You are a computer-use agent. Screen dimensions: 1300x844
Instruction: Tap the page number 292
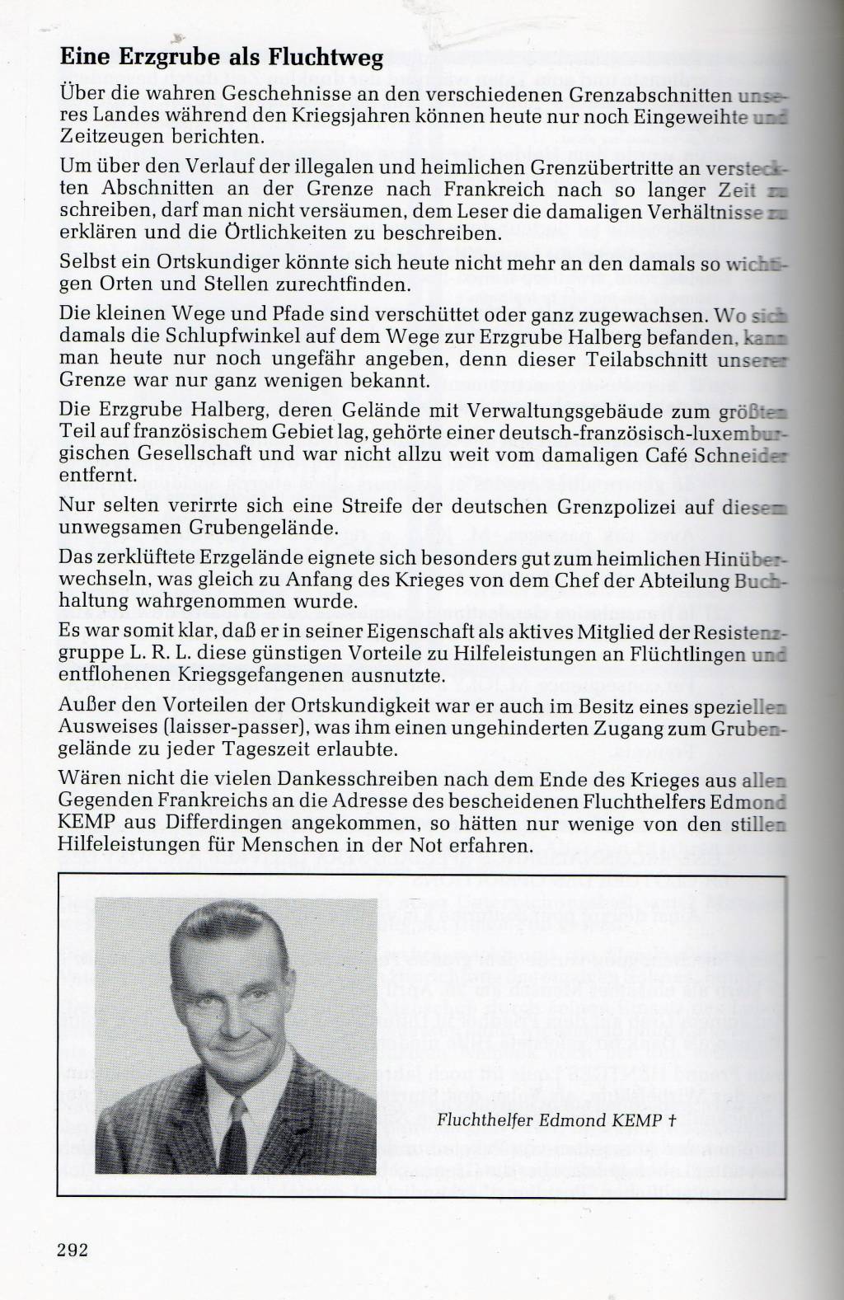click(x=73, y=1247)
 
